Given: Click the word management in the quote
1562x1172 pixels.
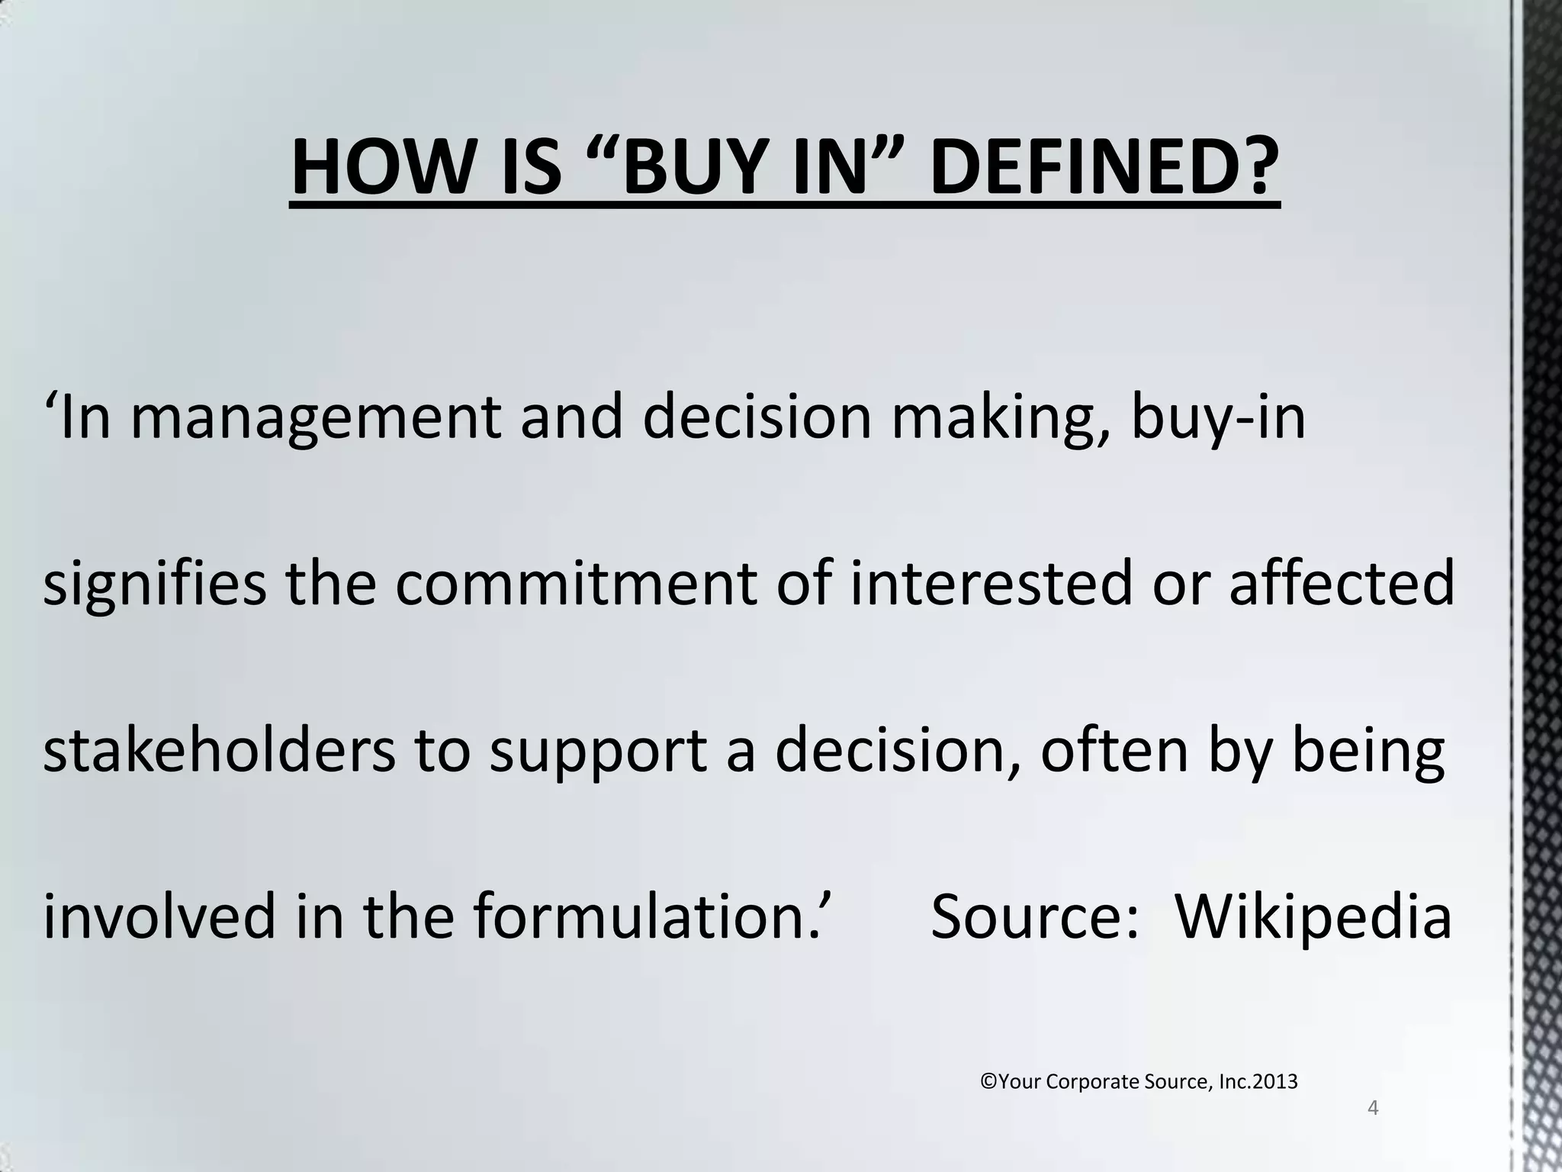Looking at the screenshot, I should (316, 419).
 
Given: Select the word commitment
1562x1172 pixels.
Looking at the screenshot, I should (575, 584).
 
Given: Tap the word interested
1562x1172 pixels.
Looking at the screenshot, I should (992, 584).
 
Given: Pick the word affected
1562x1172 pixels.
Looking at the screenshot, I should (1342, 584).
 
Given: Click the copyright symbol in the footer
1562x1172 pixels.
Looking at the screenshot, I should (988, 1082).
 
